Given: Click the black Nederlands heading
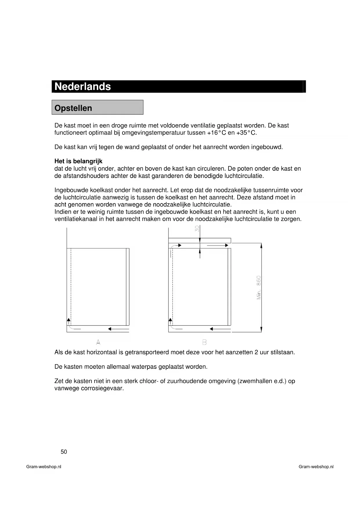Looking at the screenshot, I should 83,86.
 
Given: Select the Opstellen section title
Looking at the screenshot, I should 73,108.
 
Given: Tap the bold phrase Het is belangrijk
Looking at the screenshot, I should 78,161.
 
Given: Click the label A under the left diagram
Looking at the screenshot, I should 98,342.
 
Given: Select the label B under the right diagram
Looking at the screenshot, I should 204,342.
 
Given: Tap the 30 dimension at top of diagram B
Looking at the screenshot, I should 197,229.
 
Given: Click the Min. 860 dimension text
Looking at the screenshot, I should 259,287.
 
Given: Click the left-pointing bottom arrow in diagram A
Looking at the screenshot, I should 118,329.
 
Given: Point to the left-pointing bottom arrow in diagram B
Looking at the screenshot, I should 220,329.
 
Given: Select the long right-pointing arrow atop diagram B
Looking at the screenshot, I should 218,246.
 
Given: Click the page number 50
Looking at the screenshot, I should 64,452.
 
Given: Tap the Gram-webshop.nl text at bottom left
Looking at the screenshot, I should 44,467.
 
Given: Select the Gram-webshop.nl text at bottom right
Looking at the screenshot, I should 316,467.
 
